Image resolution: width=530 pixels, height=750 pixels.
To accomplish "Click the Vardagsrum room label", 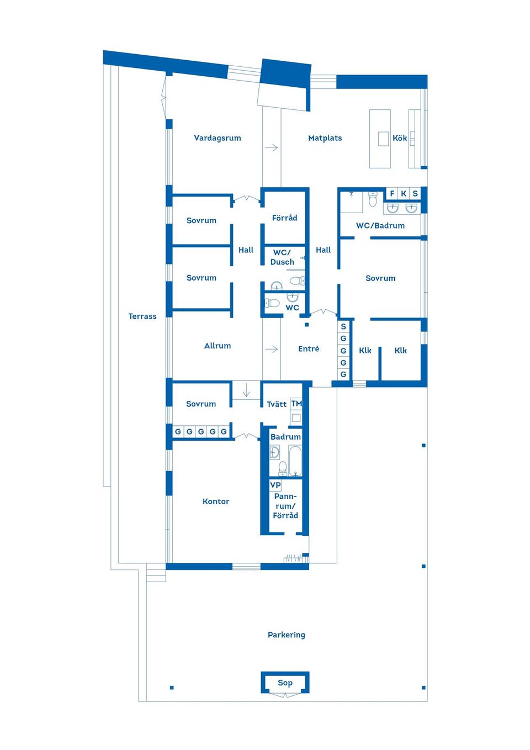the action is [218, 138].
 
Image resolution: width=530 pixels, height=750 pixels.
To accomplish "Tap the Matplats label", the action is [325, 138].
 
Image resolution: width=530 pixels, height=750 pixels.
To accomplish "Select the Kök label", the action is [400, 138].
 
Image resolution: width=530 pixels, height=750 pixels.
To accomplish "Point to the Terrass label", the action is [142, 316].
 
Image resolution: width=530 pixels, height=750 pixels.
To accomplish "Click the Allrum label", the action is [218, 346].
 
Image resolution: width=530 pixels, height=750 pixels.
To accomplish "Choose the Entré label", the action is [309, 348].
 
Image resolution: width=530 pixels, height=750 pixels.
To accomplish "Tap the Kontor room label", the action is [216, 501].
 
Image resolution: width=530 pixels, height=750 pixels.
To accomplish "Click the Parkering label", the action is [287, 635].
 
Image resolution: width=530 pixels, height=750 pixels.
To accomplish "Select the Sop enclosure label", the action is [285, 683].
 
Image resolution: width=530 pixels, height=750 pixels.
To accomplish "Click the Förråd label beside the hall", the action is [284, 218].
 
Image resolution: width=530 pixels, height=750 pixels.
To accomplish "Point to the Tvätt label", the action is [277, 404].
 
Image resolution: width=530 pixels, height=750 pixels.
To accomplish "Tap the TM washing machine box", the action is [296, 404].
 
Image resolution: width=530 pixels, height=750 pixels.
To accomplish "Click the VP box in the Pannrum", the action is [275, 485].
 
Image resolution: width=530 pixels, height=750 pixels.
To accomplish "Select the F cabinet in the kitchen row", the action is [392, 193].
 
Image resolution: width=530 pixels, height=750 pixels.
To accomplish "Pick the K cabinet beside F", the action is [404, 193].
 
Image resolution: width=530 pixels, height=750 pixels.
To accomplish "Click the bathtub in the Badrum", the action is [295, 461].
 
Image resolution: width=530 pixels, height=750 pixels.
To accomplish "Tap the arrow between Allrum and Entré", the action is [272, 349].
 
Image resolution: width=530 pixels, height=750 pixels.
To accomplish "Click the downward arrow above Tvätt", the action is [246, 390].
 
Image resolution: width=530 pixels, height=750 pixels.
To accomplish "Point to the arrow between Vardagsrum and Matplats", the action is [272, 147].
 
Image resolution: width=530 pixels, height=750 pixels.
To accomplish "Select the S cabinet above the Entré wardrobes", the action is [343, 326].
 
